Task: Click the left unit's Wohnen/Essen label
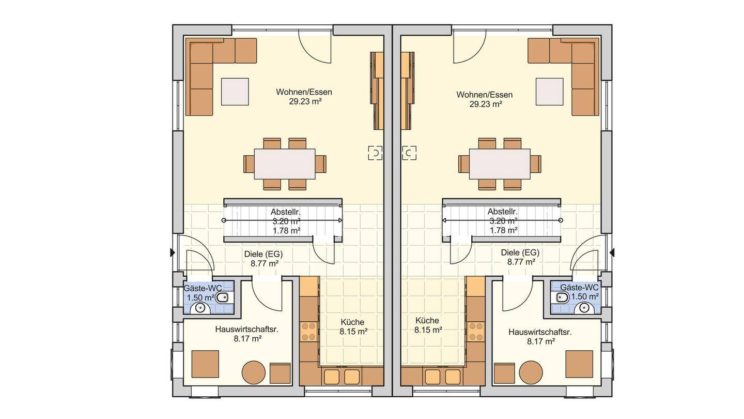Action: click(304, 92)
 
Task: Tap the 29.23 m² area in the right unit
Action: click(485, 104)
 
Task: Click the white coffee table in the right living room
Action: click(549, 92)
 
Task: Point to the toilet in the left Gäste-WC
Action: click(222, 298)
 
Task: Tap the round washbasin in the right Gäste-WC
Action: click(584, 308)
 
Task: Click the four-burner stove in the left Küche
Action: click(309, 332)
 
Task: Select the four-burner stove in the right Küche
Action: click(475, 332)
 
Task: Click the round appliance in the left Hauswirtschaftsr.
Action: click(254, 372)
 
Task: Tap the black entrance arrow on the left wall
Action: click(173, 253)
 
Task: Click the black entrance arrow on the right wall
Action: click(612, 253)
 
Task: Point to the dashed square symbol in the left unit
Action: click(375, 153)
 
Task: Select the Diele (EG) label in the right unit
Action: click(520, 253)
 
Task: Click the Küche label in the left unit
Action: click(352, 322)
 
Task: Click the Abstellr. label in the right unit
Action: click(503, 212)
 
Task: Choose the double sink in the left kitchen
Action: click(342, 377)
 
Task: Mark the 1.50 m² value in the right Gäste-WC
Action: click(585, 296)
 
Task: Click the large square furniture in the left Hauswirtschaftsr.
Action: click(205, 364)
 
